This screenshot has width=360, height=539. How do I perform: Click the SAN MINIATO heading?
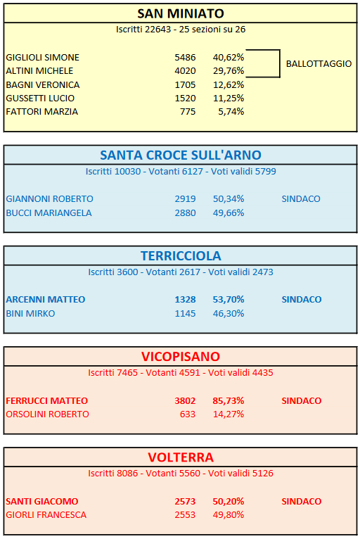tap(181, 14)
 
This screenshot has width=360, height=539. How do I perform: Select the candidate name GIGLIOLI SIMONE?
tap(43, 58)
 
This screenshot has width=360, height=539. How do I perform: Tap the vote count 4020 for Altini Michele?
tap(185, 71)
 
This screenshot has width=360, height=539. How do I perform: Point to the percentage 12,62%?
tap(229, 84)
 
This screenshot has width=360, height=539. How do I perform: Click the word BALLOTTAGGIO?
tap(319, 63)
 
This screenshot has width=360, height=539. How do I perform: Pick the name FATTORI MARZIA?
tap(42, 112)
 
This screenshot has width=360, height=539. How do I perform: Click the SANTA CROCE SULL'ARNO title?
tap(181, 156)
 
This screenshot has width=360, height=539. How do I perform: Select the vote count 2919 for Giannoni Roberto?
tap(185, 198)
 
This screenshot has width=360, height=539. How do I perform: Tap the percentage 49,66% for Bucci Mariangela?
tap(229, 213)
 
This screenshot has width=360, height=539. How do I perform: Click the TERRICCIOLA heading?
tap(181, 256)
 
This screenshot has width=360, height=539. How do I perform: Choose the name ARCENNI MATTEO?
tap(45, 300)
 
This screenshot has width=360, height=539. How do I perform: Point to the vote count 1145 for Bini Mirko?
tap(185, 314)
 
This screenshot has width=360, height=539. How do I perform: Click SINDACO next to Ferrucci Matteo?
tap(301, 401)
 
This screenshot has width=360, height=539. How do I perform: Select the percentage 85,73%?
tap(228, 401)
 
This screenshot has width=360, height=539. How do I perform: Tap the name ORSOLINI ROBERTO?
tap(47, 414)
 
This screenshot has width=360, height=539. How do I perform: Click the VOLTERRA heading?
tap(181, 457)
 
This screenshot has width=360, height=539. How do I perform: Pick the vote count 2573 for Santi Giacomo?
tap(185, 502)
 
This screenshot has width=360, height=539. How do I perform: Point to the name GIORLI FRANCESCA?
tap(46, 515)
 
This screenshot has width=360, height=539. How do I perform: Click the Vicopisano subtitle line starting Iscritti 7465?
tap(181, 373)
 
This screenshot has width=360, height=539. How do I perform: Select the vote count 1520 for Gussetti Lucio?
tap(185, 99)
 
